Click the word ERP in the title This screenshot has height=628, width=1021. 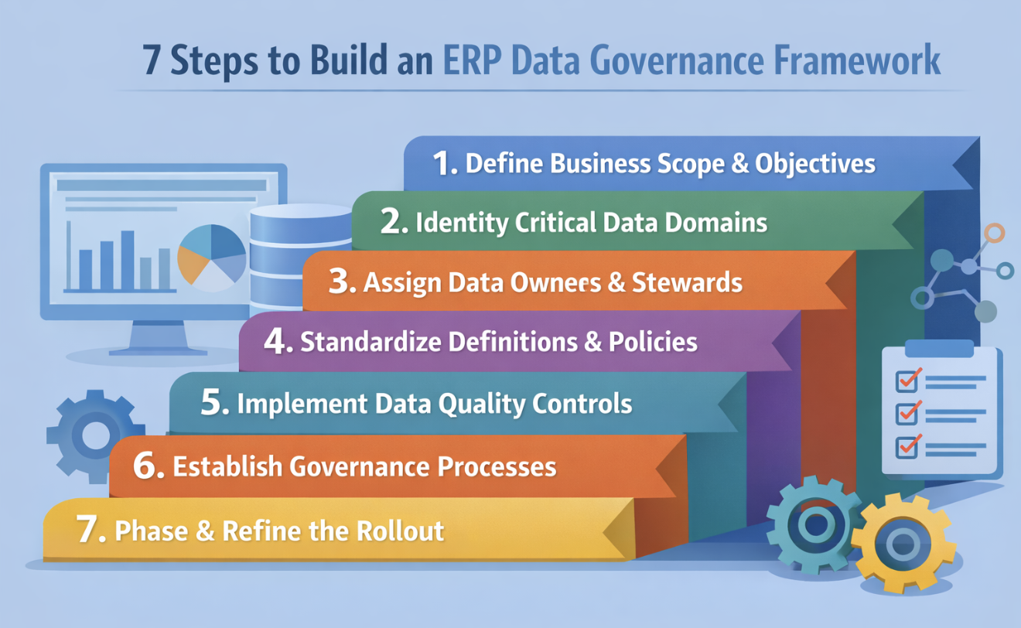tap(472, 60)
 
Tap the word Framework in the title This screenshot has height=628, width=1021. tap(857, 60)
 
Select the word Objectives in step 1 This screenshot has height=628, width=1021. tap(815, 164)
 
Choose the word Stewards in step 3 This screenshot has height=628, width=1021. tap(687, 282)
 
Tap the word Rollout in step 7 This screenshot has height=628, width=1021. tap(401, 531)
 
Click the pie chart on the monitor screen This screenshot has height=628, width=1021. tap(211, 258)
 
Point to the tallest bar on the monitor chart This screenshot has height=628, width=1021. tap(128, 260)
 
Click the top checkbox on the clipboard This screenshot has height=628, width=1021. tap(907, 381)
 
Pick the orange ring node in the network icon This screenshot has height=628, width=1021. tap(994, 233)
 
